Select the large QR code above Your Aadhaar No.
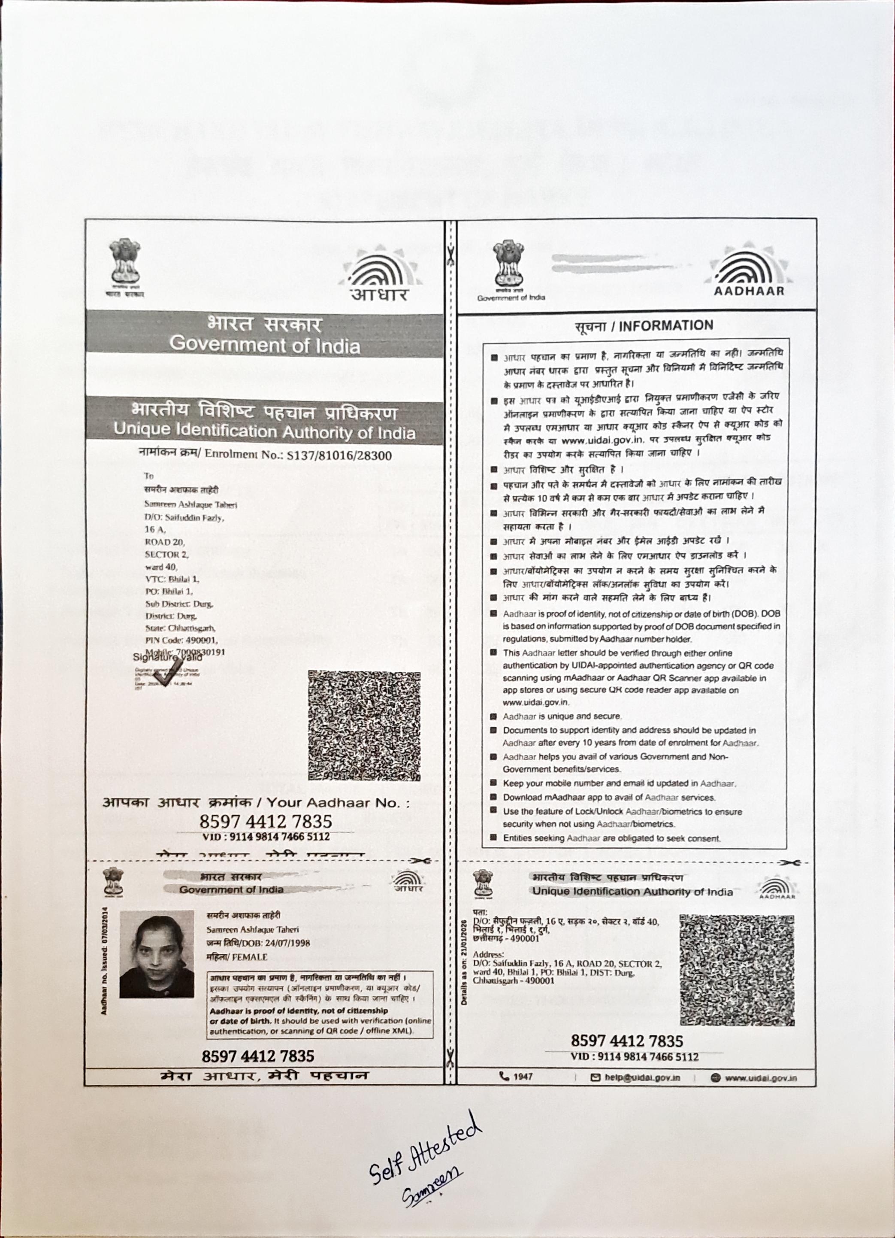point(364,725)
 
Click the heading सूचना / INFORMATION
point(644,326)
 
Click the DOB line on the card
point(258,943)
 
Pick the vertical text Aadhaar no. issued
point(104,960)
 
